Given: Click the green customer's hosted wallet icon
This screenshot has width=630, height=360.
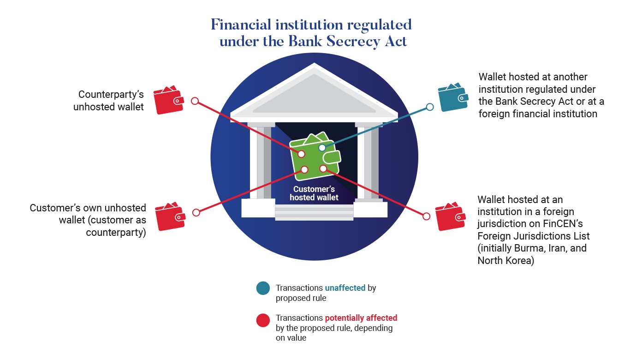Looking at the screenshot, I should pyautogui.click(x=315, y=157).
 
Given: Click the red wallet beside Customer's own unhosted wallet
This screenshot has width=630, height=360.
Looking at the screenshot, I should pyautogui.click(x=170, y=216).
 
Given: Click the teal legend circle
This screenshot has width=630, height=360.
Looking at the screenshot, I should pyautogui.click(x=263, y=288).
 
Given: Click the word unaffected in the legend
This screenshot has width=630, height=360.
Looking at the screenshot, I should pyautogui.click(x=345, y=288).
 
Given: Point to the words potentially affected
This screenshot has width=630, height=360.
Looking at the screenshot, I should pyautogui.click(x=361, y=318).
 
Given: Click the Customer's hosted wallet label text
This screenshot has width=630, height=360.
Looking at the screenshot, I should pyautogui.click(x=314, y=193).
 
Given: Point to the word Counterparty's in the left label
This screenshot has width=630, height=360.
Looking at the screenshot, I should pyautogui.click(x=111, y=95).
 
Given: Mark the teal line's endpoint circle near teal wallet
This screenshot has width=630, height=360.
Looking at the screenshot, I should pyautogui.click(x=430, y=107).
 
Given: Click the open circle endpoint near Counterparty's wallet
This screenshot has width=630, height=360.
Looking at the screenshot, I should pyautogui.click(x=195, y=101).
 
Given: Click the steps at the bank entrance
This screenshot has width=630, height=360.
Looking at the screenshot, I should pyautogui.click(x=314, y=212).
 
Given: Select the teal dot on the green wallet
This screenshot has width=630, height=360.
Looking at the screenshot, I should pyautogui.click(x=322, y=148).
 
